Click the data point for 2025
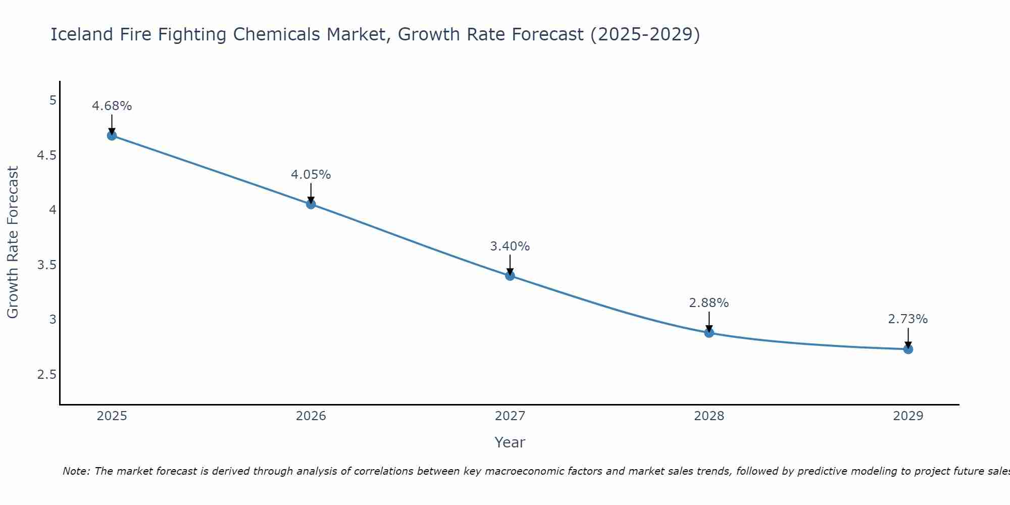click(112, 135)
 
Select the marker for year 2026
click(311, 204)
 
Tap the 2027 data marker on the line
click(510, 275)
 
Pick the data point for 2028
click(709, 332)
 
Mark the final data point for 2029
click(907, 349)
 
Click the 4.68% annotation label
click(112, 106)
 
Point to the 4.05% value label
click(311, 175)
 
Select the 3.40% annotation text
click(510, 246)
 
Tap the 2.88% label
click(709, 303)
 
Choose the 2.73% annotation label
click(907, 319)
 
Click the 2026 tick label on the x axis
click(311, 416)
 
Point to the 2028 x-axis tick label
click(709, 416)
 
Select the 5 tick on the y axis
click(53, 100)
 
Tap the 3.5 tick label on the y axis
click(47, 265)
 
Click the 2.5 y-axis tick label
click(47, 375)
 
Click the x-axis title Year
click(510, 442)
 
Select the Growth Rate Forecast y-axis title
click(13, 242)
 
